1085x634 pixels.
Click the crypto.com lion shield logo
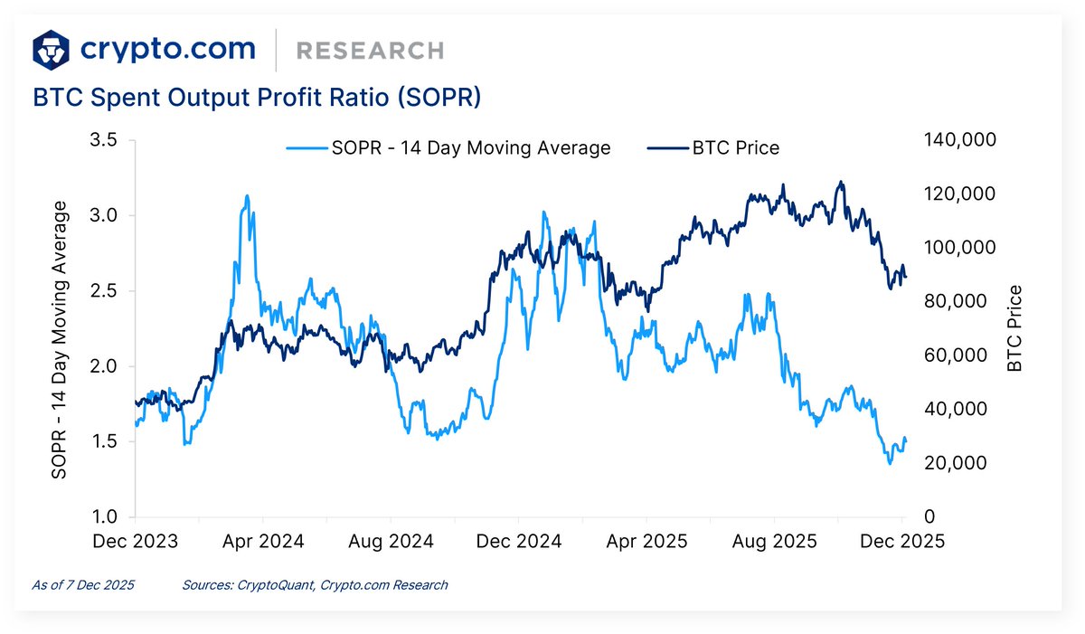click(52, 49)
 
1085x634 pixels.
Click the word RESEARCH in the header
click(370, 51)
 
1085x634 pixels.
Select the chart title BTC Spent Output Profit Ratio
click(257, 98)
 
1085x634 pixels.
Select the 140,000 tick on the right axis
click(959, 140)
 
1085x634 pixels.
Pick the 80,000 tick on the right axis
click(954, 301)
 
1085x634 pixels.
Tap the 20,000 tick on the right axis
click(954, 463)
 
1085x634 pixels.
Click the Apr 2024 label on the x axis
click(263, 542)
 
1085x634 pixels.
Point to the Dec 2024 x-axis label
click(519, 542)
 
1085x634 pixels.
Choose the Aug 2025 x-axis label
click(775, 542)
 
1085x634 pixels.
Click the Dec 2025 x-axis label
click(902, 542)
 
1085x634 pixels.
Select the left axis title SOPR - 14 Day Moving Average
click(60, 340)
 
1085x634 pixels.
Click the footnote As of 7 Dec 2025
click(83, 585)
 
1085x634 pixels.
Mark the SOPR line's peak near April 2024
click(246, 195)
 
